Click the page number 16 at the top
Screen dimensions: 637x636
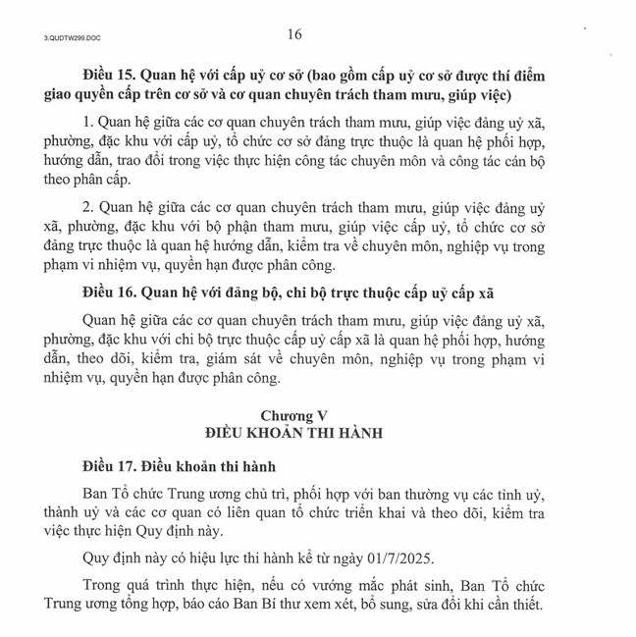coord(295,34)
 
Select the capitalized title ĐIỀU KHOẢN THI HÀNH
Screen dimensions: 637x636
coord(294,433)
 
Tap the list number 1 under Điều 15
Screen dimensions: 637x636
coord(86,122)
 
